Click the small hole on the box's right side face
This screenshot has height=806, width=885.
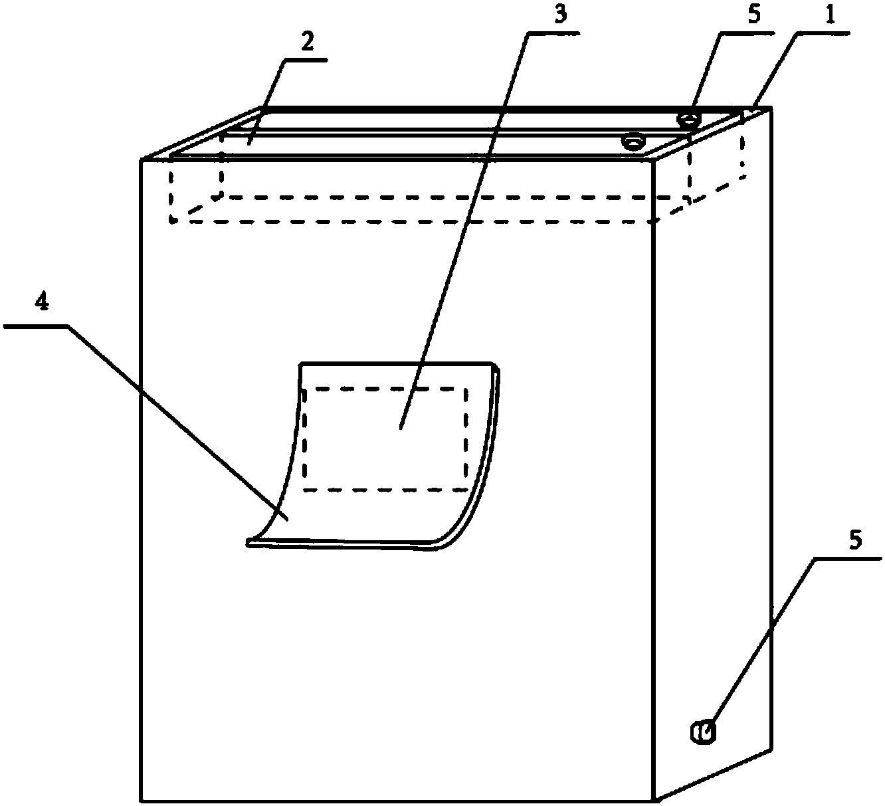click(703, 732)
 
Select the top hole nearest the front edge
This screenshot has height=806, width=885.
click(633, 142)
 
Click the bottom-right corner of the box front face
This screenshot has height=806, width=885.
click(655, 799)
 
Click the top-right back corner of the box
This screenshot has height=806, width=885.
click(771, 108)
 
